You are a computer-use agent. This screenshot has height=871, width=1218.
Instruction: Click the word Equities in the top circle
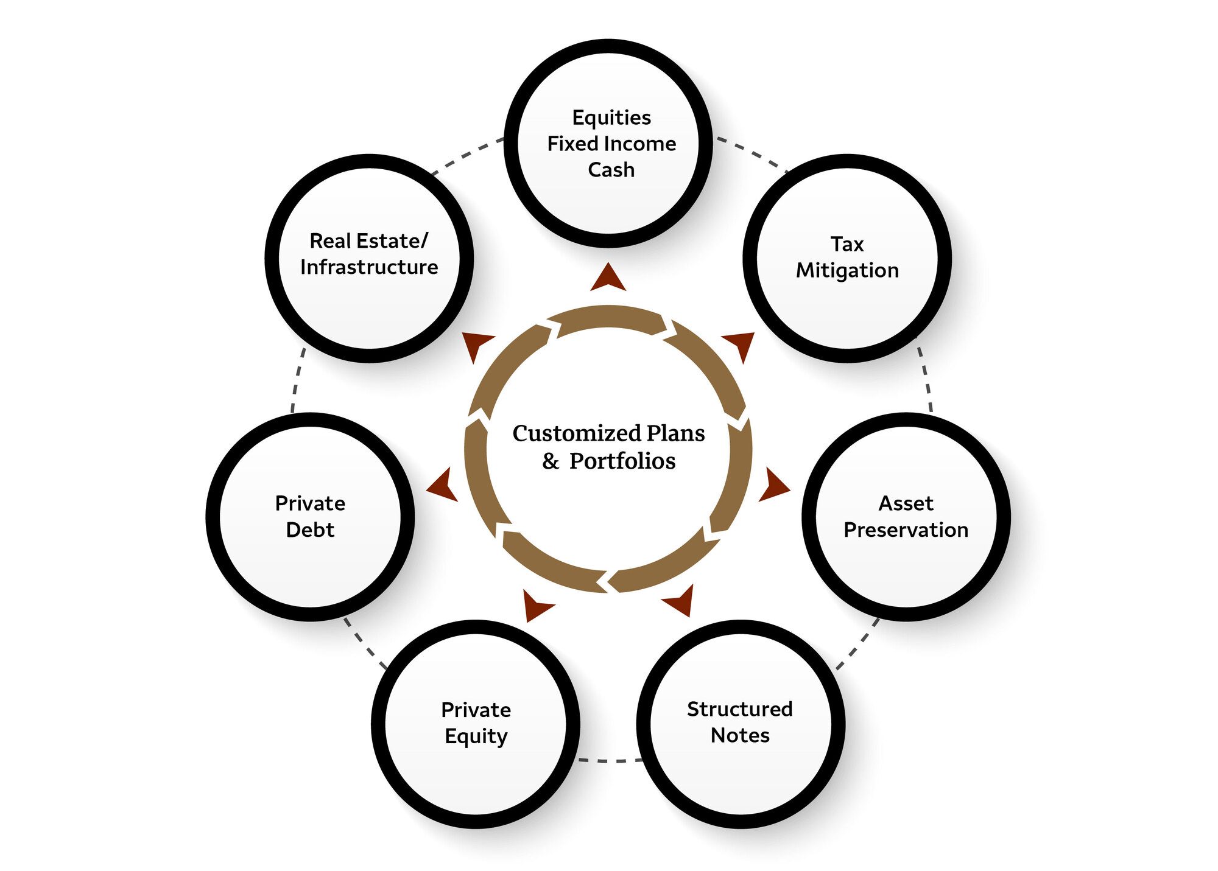611,117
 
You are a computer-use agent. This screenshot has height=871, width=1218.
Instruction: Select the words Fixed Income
611,144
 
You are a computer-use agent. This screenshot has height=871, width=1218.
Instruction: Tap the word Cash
611,170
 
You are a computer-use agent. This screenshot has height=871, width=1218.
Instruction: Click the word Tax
847,244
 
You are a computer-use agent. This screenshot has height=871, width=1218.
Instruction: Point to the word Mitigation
847,270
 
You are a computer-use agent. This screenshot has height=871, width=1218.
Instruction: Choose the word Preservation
906,530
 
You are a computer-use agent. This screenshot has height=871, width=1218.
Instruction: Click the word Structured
739,709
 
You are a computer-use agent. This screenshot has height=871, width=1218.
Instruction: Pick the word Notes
740,735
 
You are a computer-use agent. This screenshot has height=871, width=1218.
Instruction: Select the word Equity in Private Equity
476,736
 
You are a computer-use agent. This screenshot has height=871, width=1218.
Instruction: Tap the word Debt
310,530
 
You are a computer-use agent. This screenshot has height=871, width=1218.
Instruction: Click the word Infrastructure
369,267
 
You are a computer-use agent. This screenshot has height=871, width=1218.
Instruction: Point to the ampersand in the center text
551,461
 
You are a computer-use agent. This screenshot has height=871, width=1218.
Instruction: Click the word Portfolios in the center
622,461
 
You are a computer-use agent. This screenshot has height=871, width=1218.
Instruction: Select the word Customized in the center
577,433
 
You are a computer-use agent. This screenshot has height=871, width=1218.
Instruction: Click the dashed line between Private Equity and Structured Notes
608,760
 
